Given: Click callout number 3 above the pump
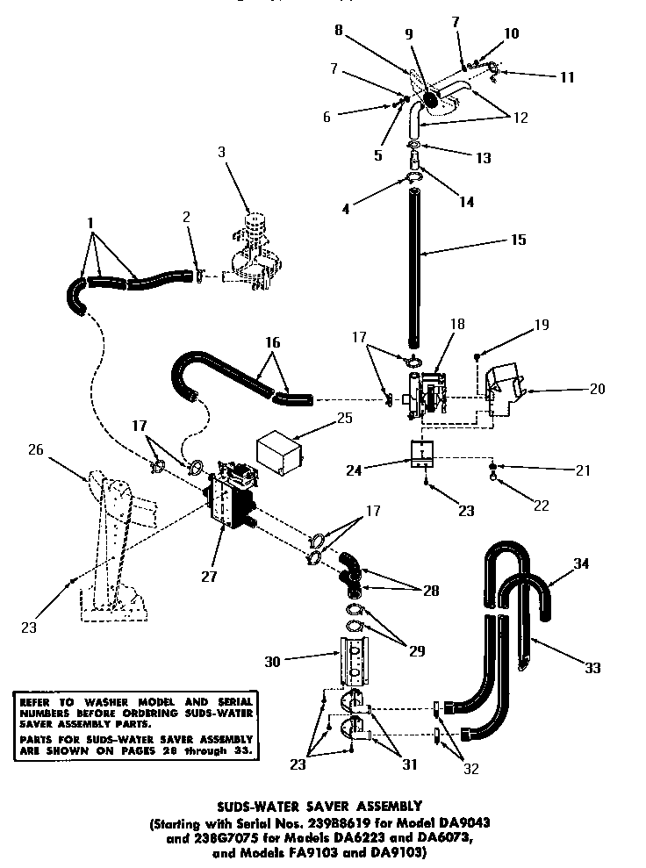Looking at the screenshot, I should point(222,152).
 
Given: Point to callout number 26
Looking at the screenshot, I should point(35,451).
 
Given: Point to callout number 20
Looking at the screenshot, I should point(597,388).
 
